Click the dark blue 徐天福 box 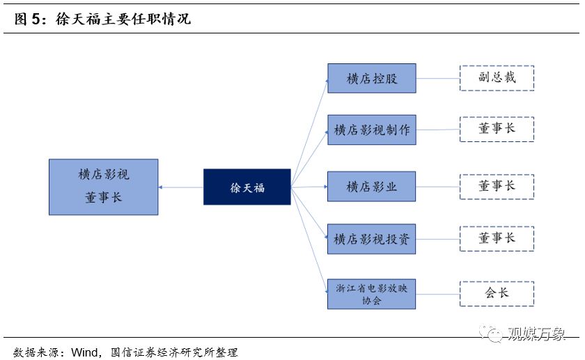pyautogui.click(x=247, y=187)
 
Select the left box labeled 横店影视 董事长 pyautogui.click(x=103, y=187)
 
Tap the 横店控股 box pyautogui.click(x=371, y=78)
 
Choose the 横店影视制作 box pyautogui.click(x=371, y=130)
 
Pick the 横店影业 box pyautogui.click(x=371, y=187)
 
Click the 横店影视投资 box pyautogui.click(x=371, y=239)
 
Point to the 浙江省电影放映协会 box pyautogui.click(x=371, y=294)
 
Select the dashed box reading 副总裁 pyautogui.click(x=497, y=78)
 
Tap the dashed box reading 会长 pyautogui.click(x=497, y=294)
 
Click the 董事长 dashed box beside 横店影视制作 pyautogui.click(x=497, y=130)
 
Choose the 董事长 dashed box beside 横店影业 pyautogui.click(x=497, y=187)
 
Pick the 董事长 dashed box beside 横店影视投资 pyautogui.click(x=497, y=239)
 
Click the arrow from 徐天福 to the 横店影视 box pyautogui.click(x=180, y=187)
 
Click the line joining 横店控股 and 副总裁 pyautogui.click(x=437, y=78)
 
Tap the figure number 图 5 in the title pyautogui.click(x=26, y=19)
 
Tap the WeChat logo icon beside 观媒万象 pyautogui.click(x=496, y=335)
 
